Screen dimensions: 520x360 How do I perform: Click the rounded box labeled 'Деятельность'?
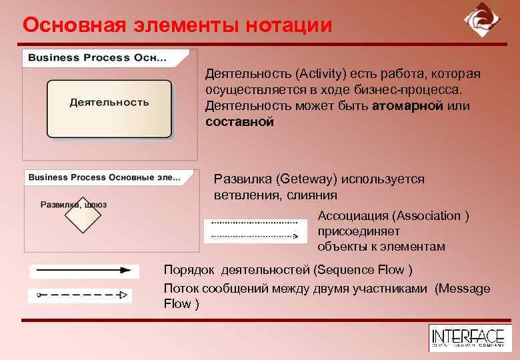click(x=109, y=109)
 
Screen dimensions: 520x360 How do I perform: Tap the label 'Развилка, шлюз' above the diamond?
click(x=73, y=205)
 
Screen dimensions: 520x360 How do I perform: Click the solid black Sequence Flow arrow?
click(x=83, y=271)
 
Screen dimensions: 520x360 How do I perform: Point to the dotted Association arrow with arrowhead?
click(x=254, y=235)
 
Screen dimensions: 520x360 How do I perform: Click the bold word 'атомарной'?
click(x=405, y=106)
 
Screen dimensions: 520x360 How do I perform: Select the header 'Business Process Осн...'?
click(x=97, y=57)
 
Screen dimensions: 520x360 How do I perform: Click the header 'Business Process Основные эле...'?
click(x=103, y=177)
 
